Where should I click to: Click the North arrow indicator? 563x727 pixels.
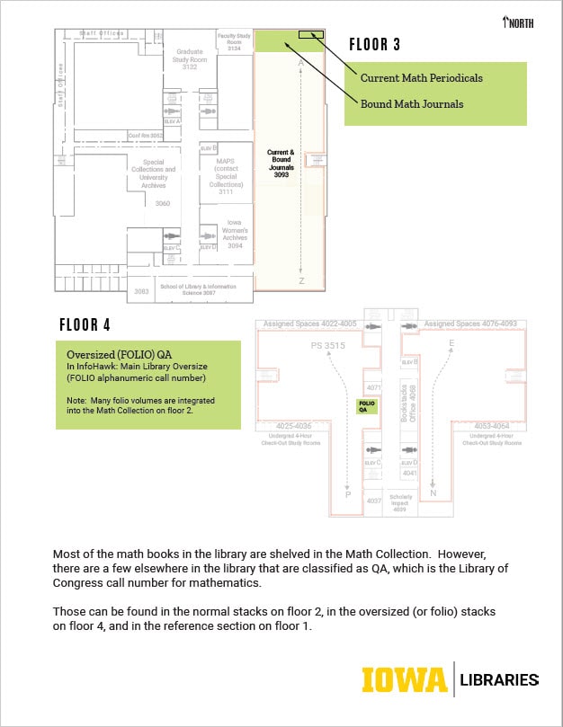point(519,22)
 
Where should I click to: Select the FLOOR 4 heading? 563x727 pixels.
point(85,324)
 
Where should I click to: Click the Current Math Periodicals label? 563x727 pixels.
point(421,78)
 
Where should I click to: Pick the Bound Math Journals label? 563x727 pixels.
point(412,104)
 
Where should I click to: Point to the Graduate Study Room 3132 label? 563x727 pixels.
point(189,58)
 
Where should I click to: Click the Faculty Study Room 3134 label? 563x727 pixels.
point(234,41)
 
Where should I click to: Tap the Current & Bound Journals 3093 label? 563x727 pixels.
point(281,163)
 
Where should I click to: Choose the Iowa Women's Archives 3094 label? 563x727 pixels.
point(234,234)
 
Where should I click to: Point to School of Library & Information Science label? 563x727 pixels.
point(198,288)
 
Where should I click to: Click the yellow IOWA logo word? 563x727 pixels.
point(404,680)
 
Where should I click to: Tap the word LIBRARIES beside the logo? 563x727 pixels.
point(499,680)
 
